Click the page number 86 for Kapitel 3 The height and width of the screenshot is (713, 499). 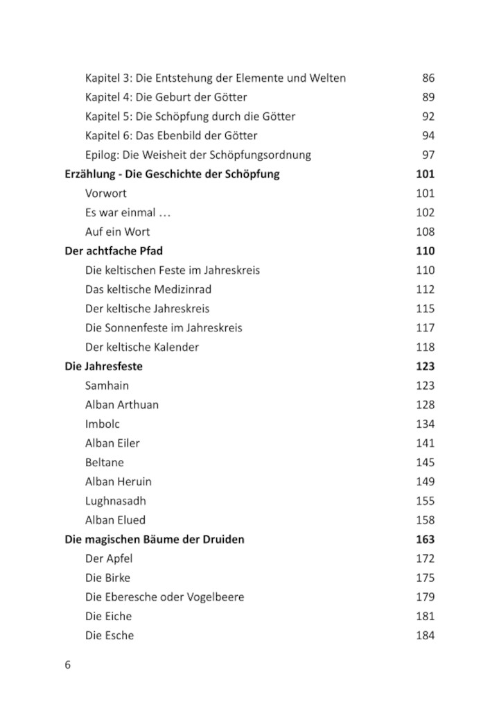(428, 78)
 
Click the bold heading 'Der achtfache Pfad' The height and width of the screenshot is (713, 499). (114, 251)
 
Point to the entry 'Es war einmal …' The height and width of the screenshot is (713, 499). (128, 213)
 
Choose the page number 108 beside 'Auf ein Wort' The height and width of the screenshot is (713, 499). (425, 232)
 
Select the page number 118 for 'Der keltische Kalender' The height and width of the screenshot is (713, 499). (425, 347)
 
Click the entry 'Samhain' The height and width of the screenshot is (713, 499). (107, 386)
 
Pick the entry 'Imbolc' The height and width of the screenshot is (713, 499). (102, 424)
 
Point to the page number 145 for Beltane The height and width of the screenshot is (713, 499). (425, 462)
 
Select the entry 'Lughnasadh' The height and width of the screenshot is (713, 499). (116, 501)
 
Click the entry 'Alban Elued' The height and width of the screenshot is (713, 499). (115, 519)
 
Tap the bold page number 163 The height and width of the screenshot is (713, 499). (425, 539)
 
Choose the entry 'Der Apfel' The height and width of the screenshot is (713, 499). (109, 558)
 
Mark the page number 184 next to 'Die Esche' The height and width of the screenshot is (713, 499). (425, 635)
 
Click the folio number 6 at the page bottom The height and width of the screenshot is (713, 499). (68, 664)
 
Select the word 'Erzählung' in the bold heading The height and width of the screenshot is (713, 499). (89, 174)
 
